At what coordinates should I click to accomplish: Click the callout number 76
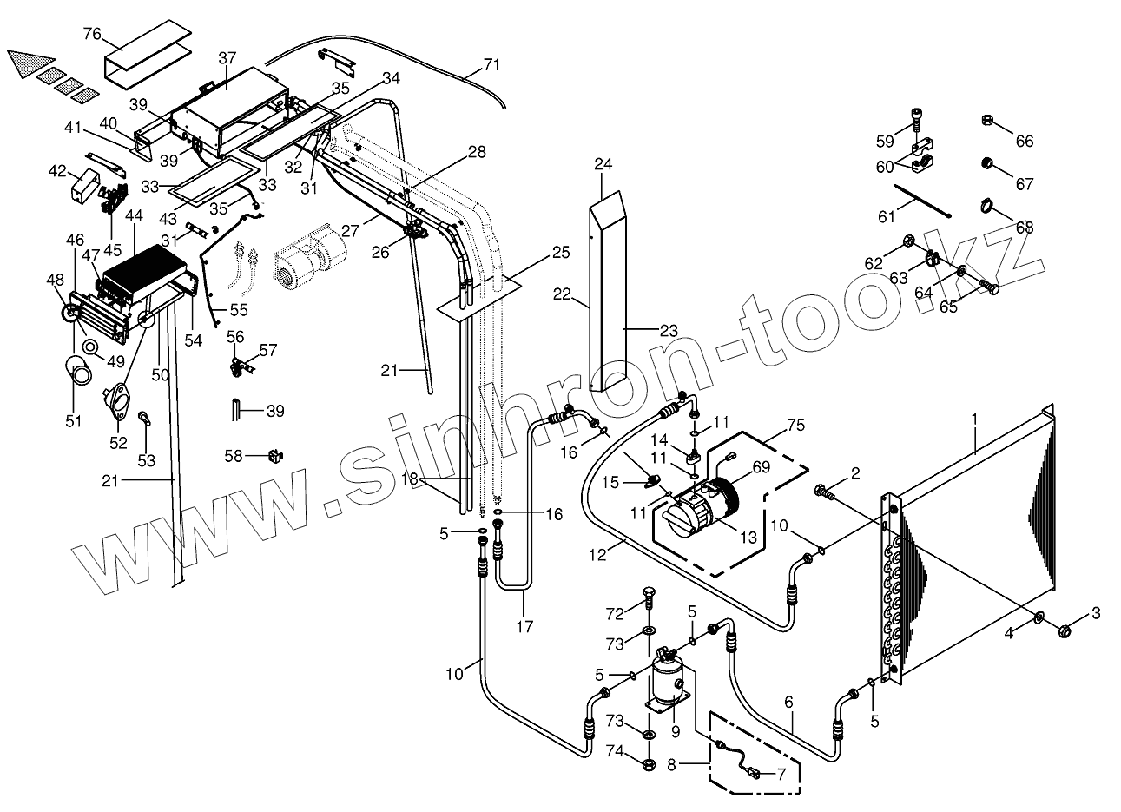point(92,34)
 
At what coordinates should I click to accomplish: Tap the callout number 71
point(491,65)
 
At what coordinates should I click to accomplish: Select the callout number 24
point(603,163)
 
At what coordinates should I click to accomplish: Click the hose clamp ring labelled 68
point(986,206)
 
